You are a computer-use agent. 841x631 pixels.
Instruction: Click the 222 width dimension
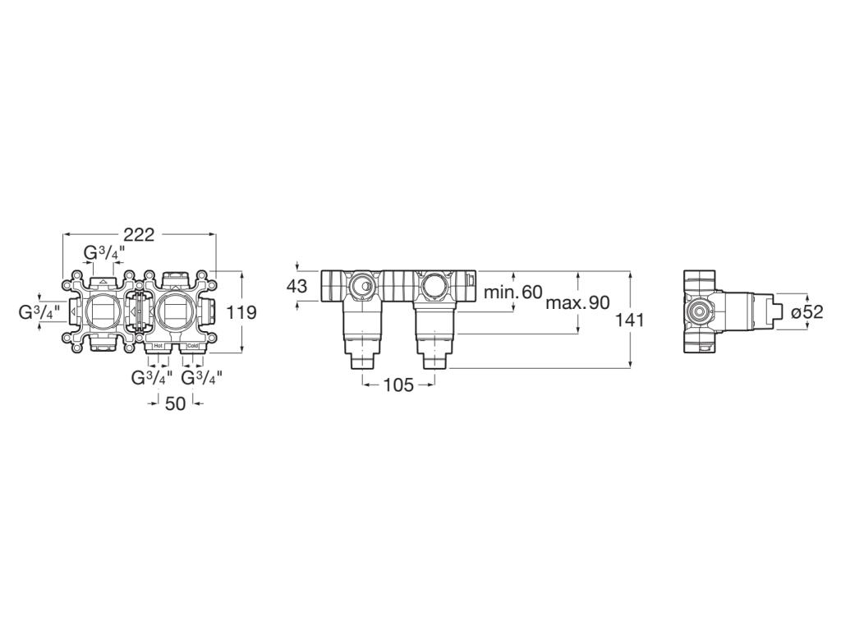click(x=139, y=235)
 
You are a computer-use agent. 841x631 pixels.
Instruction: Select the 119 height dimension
click(x=242, y=312)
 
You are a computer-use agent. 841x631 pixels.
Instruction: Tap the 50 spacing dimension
click(x=175, y=403)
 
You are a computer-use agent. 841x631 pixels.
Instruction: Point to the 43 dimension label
click(x=296, y=287)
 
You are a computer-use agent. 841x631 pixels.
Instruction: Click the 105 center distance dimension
click(x=398, y=385)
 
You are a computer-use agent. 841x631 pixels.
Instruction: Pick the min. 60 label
click(x=513, y=292)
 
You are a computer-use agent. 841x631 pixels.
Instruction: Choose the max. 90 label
click(x=578, y=302)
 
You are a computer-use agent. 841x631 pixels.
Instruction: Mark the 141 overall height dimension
click(x=630, y=320)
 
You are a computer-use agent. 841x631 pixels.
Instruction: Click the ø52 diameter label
click(x=807, y=312)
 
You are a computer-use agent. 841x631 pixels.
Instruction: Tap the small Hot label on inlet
click(x=159, y=347)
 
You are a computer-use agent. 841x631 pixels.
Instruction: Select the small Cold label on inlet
click(x=192, y=347)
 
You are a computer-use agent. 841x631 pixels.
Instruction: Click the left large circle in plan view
click(x=103, y=311)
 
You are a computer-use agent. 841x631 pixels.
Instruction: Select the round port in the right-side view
click(x=699, y=311)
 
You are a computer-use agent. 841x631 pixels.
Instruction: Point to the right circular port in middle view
click(x=432, y=287)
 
